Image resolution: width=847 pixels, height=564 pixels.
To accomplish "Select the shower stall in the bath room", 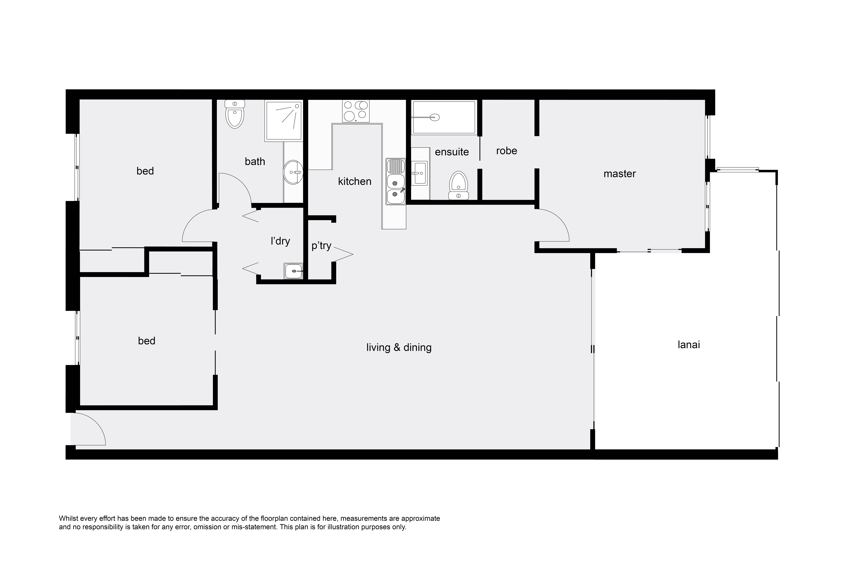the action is pyautogui.click(x=283, y=120).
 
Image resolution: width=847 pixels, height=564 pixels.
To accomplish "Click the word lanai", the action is pyautogui.click(x=689, y=345).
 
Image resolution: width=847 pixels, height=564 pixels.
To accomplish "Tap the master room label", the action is pyautogui.click(x=619, y=174).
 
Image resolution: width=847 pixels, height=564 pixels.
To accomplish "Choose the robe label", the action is pyautogui.click(x=506, y=151).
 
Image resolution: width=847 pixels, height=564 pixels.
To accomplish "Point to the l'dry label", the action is pyautogui.click(x=280, y=241).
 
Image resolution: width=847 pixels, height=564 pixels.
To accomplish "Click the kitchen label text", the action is pyautogui.click(x=354, y=181).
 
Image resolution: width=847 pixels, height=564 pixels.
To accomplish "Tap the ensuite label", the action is pyautogui.click(x=452, y=152).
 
